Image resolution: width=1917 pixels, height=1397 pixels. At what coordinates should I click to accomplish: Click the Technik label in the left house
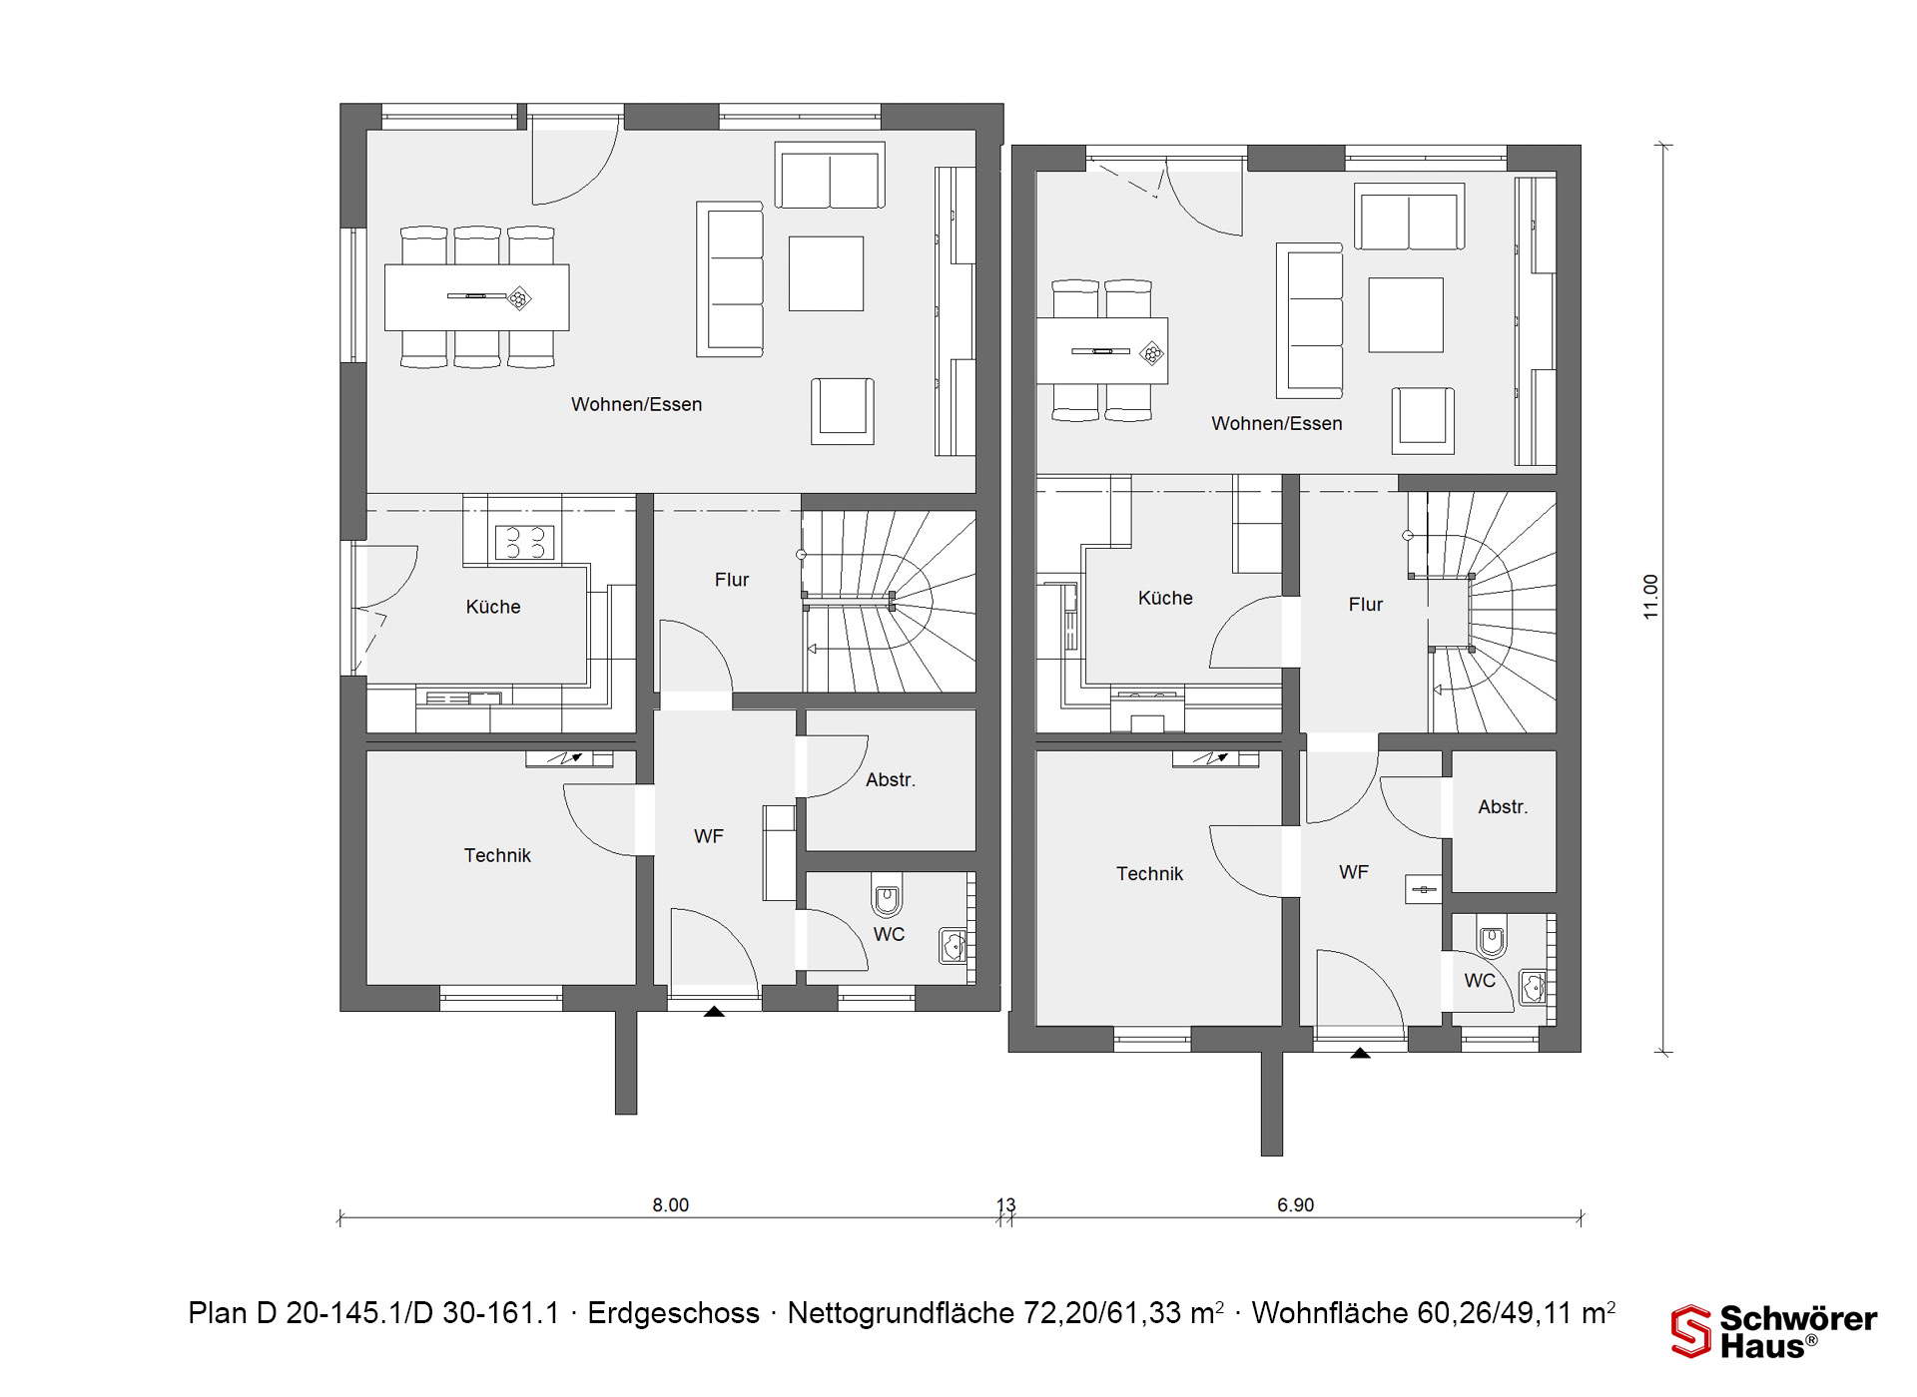click(497, 855)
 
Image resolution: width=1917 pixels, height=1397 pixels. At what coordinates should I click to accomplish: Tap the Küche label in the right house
click(1165, 598)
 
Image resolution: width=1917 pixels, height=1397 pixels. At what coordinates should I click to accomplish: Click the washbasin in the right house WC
click(1534, 987)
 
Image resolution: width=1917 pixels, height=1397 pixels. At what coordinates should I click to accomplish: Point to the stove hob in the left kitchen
click(525, 543)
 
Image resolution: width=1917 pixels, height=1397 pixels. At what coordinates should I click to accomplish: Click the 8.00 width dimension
click(671, 1204)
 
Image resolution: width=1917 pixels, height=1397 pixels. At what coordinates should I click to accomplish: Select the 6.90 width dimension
click(1296, 1204)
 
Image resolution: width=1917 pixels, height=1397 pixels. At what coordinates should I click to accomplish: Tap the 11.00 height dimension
click(1650, 597)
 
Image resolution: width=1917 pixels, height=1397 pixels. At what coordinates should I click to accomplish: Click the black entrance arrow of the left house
click(714, 1011)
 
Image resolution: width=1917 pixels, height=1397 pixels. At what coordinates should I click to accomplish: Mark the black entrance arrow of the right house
click(1360, 1052)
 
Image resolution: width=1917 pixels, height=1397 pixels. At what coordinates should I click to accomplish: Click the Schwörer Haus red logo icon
click(1691, 1331)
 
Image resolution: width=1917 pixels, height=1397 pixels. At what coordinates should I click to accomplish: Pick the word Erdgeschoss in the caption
click(674, 1313)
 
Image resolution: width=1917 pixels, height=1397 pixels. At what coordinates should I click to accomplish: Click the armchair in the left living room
click(843, 411)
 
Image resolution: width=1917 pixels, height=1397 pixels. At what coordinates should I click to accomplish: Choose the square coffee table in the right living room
click(1406, 315)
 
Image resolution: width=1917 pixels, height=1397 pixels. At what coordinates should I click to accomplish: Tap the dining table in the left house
click(477, 297)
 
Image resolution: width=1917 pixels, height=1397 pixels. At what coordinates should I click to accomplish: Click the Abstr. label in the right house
click(1503, 806)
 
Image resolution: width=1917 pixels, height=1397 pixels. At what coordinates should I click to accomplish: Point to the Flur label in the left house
click(732, 580)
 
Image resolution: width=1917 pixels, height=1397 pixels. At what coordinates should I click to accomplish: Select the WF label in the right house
click(1354, 872)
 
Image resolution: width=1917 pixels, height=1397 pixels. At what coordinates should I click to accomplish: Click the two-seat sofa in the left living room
click(830, 176)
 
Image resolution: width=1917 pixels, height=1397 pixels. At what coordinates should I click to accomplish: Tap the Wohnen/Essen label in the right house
click(1277, 423)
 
